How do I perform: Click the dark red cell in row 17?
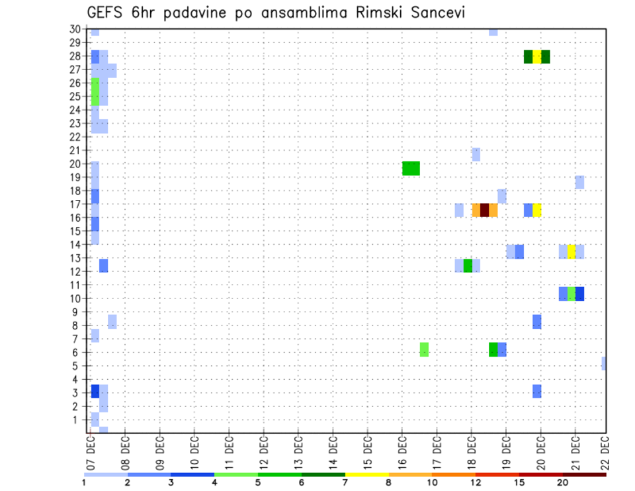click(484, 210)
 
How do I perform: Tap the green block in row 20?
click(411, 168)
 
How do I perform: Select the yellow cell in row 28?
click(536, 57)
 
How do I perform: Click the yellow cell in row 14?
click(571, 251)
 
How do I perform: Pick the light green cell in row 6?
click(424, 349)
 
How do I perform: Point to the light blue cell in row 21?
click(476, 154)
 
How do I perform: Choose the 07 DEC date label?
click(91, 453)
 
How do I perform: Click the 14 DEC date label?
click(333, 453)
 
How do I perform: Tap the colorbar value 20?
click(562, 482)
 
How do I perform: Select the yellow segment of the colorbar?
click(366, 474)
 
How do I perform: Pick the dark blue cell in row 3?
click(95, 391)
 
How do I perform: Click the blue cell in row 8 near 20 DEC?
click(536, 322)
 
